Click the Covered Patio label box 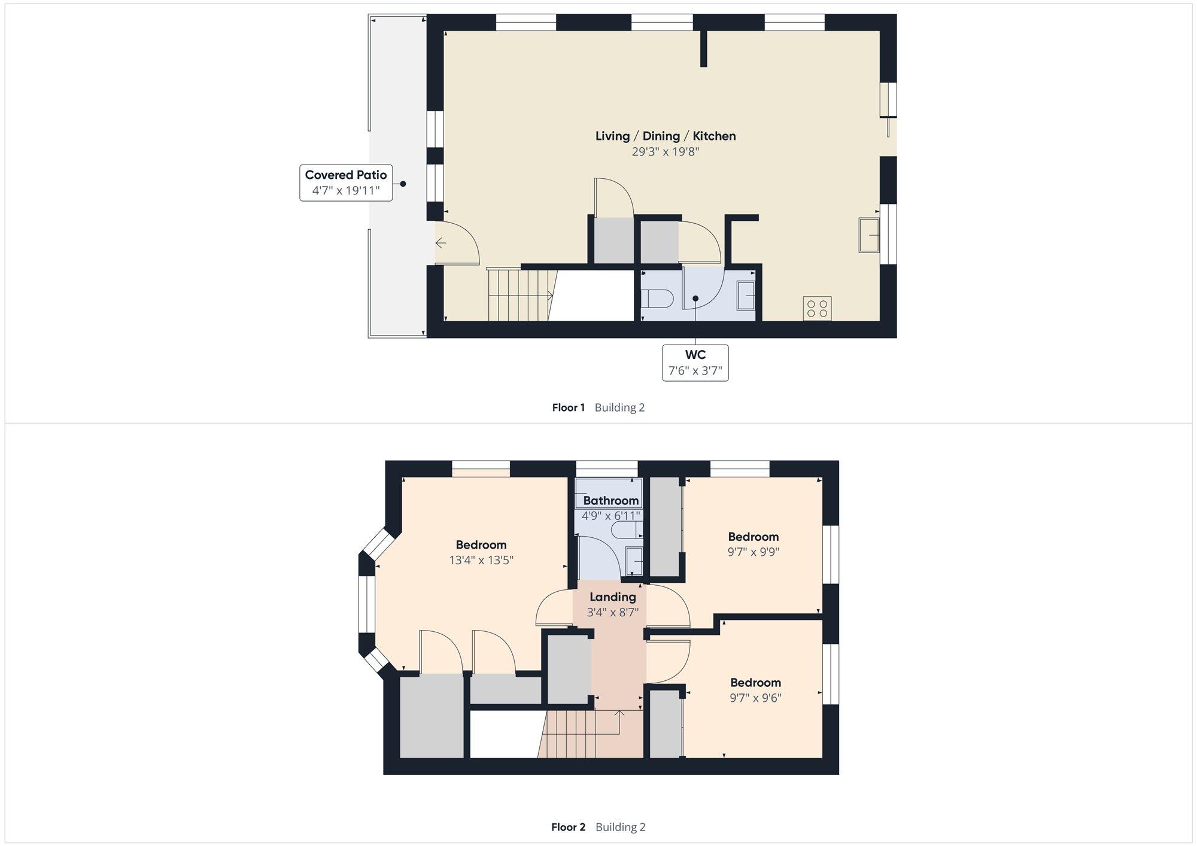click(x=346, y=183)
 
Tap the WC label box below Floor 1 click(x=695, y=363)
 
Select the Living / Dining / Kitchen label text click(x=666, y=136)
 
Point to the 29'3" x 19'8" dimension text click(x=666, y=152)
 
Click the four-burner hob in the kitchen click(x=817, y=309)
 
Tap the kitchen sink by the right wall click(x=869, y=235)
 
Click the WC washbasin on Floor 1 click(x=746, y=296)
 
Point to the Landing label click(x=613, y=597)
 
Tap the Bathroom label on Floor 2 click(x=610, y=501)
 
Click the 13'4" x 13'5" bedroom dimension click(x=481, y=561)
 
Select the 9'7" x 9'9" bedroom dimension click(x=753, y=552)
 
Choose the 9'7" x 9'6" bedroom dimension click(x=755, y=698)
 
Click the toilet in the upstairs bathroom click(x=627, y=530)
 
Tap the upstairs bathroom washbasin click(x=634, y=561)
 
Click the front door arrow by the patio click(x=440, y=243)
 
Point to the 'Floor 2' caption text click(x=568, y=827)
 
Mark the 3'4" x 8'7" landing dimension click(x=613, y=613)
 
